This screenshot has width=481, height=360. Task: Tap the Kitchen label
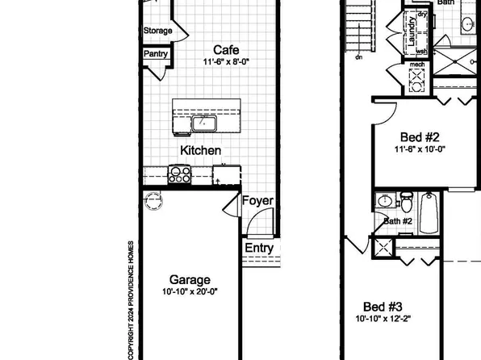[x=200, y=150]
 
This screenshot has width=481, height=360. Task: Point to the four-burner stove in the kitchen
[x=178, y=174]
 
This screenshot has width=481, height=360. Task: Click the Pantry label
[x=155, y=54]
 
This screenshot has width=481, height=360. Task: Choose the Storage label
[x=157, y=31]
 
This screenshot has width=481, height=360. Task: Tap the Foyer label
[x=258, y=201]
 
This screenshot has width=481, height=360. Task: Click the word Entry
[x=258, y=249]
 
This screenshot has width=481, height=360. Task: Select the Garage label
[x=190, y=279]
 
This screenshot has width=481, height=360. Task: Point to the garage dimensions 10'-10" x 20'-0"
[x=190, y=291]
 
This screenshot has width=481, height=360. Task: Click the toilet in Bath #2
[x=406, y=199]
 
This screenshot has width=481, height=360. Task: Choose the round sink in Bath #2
[x=384, y=200]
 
